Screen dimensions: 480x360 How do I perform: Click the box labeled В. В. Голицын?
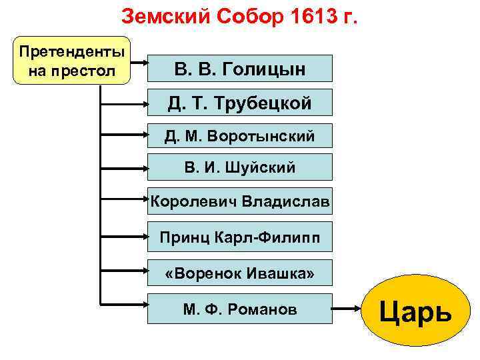tap(239, 68)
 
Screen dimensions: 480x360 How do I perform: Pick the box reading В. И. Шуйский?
tap(239, 167)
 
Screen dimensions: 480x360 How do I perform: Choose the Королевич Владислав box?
tap(239, 201)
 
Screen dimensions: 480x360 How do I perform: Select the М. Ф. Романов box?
tap(239, 309)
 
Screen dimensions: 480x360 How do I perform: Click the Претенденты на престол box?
tap(71, 60)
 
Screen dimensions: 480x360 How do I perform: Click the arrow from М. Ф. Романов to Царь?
tap(347, 310)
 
